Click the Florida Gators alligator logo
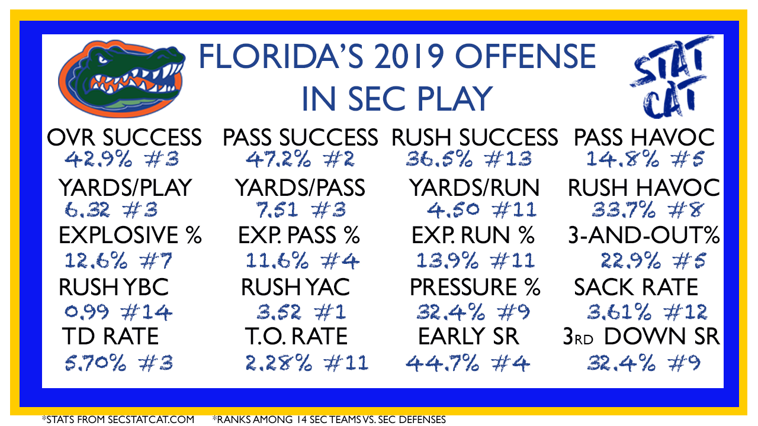[122, 79]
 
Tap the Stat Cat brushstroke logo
[672, 77]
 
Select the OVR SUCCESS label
[124, 138]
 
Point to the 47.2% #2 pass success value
[300, 159]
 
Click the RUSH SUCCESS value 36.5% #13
[469, 159]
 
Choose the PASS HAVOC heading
[644, 138]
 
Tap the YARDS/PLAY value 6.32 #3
[111, 210]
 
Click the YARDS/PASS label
[300, 188]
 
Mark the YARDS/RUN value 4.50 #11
[482, 210]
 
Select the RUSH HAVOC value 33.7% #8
[647, 210]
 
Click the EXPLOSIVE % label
[130, 235]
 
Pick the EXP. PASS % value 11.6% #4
[302, 261]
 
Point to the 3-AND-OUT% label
[644, 235]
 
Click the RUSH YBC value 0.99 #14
[118, 312]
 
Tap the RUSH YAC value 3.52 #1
[301, 312]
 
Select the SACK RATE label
[636, 287]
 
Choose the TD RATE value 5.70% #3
[119, 363]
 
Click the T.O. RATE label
[297, 337]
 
